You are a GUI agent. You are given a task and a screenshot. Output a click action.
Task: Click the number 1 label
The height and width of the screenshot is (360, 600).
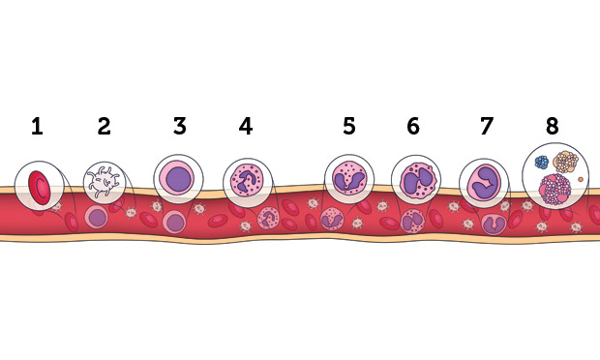37,127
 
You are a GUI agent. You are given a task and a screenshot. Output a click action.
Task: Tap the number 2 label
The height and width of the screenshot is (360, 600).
105,127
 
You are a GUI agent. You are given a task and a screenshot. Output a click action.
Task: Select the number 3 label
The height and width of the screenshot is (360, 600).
179,127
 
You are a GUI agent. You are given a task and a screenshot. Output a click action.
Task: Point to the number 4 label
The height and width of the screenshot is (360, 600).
246,127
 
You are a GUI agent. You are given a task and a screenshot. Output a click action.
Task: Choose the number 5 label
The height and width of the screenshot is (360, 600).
349,127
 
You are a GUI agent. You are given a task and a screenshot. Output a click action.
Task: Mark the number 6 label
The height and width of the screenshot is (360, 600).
413,127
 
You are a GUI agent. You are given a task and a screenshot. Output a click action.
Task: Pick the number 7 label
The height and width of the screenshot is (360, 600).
487,127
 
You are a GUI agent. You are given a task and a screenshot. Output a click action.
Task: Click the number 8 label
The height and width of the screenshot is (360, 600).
553,127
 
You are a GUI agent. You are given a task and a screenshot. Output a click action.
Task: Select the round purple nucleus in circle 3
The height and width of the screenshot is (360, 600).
180,177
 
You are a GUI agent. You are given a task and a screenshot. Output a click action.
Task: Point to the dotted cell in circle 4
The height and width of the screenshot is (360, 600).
248,181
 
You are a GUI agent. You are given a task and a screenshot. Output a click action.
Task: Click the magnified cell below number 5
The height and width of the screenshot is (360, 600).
348,178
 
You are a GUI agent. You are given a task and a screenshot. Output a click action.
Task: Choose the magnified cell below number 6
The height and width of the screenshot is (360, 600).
416,179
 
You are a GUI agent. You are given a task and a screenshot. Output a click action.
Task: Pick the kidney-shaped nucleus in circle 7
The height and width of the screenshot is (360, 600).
485,181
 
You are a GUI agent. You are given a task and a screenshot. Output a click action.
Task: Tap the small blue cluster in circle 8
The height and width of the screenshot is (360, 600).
542,163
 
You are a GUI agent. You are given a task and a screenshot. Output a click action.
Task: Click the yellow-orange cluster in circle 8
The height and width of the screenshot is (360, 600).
564,162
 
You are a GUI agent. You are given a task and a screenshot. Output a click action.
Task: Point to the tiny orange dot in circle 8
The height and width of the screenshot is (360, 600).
581,179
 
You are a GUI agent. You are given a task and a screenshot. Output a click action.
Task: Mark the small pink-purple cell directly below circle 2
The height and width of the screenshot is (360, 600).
97,217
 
